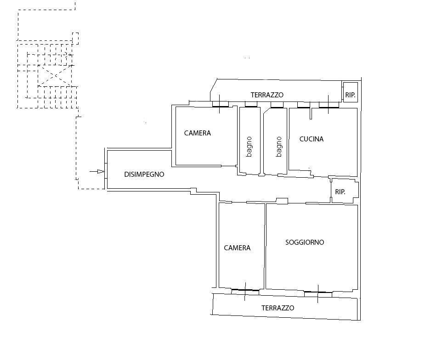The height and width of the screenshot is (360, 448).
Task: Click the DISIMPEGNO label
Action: click(x=144, y=174)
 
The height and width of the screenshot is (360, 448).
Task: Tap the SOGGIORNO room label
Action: click(x=305, y=242)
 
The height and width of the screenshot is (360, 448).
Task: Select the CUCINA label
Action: click(x=312, y=139)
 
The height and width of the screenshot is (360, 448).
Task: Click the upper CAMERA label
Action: click(x=198, y=133)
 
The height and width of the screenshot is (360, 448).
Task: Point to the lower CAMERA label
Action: click(x=237, y=248)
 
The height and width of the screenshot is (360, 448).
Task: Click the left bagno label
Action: click(x=249, y=147)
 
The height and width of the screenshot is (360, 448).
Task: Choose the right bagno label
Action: click(x=279, y=147)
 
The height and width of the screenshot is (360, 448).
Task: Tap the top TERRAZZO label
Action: click(x=267, y=95)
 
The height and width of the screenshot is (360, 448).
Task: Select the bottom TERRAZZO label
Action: click(x=278, y=308)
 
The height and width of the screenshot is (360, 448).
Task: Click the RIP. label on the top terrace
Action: click(x=350, y=95)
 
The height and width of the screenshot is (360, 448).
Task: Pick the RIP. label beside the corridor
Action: click(x=340, y=192)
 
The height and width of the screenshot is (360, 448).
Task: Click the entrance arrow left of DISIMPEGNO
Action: click(x=97, y=172)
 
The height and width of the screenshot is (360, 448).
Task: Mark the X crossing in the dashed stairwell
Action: click(x=55, y=75)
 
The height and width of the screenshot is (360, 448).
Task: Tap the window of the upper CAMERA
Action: click(x=220, y=105)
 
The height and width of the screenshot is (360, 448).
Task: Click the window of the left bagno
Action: click(x=251, y=105)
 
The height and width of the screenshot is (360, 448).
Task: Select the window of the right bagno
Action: click(x=277, y=105)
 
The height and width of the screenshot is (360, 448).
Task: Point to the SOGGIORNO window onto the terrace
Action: click(x=318, y=294)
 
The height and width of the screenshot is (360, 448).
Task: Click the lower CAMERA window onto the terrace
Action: click(x=245, y=292)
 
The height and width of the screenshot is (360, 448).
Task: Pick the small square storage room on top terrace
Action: click(x=350, y=92)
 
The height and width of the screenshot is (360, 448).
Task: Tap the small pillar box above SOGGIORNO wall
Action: click(x=282, y=201)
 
